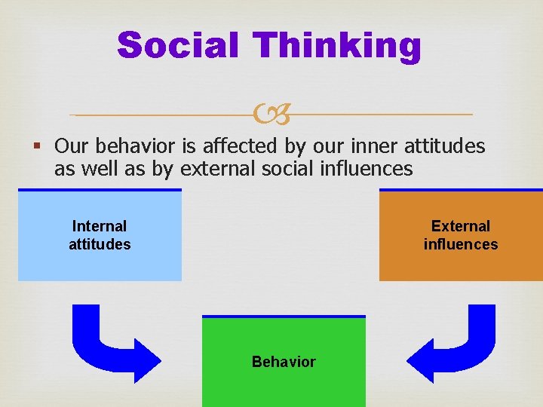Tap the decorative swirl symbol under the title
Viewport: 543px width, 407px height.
(x=271, y=115)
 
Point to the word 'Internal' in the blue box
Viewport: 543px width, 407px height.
(x=100, y=226)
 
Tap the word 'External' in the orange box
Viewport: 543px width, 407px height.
(x=460, y=226)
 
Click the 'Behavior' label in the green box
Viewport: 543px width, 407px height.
(x=284, y=362)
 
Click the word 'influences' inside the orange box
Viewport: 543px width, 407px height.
(x=460, y=244)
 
